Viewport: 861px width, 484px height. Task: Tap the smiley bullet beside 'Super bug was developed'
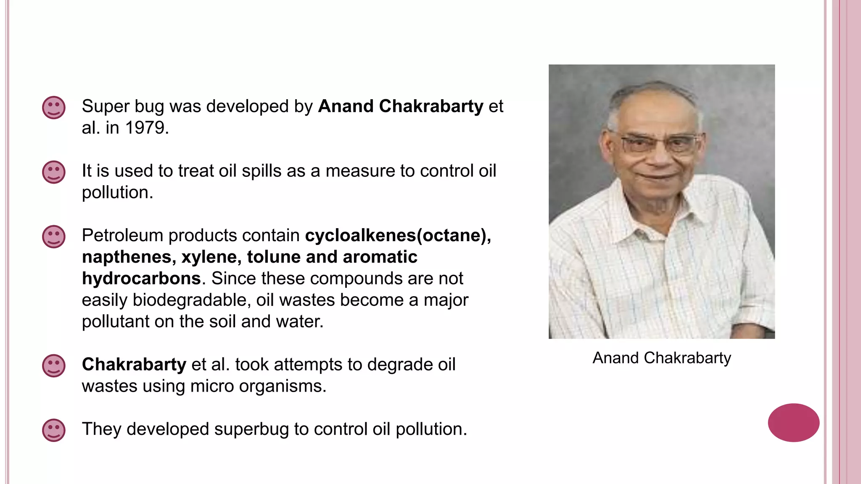(54, 108)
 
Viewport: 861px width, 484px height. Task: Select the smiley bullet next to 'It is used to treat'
(54, 172)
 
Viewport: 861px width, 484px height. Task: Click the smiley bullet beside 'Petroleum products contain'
(54, 237)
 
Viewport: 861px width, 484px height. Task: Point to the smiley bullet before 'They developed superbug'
(54, 430)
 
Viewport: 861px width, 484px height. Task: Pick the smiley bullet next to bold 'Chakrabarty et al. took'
(54, 366)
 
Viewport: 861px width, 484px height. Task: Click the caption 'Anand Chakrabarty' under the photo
(662, 358)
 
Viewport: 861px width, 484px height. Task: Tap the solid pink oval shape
(793, 423)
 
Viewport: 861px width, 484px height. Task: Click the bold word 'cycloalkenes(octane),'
(398, 235)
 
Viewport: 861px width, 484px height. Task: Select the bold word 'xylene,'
(211, 257)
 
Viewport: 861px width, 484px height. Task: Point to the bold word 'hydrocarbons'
(141, 278)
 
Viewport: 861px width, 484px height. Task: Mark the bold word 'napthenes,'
(129, 257)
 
